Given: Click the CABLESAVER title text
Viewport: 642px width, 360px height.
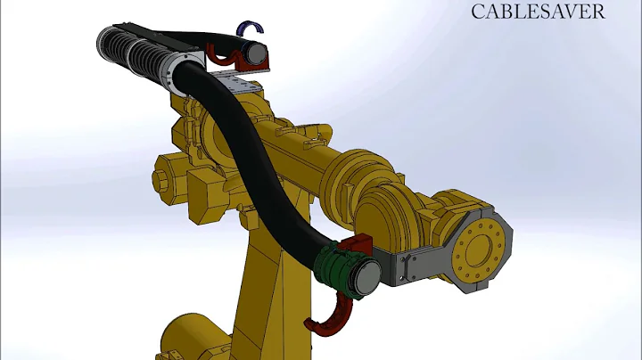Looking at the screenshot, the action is [x=538, y=12].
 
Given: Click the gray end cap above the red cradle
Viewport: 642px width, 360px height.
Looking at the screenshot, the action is [x=256, y=53].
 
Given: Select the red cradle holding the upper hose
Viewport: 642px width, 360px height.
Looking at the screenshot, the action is [x=237, y=58].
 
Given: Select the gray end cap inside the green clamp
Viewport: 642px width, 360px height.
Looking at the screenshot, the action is [x=366, y=276].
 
